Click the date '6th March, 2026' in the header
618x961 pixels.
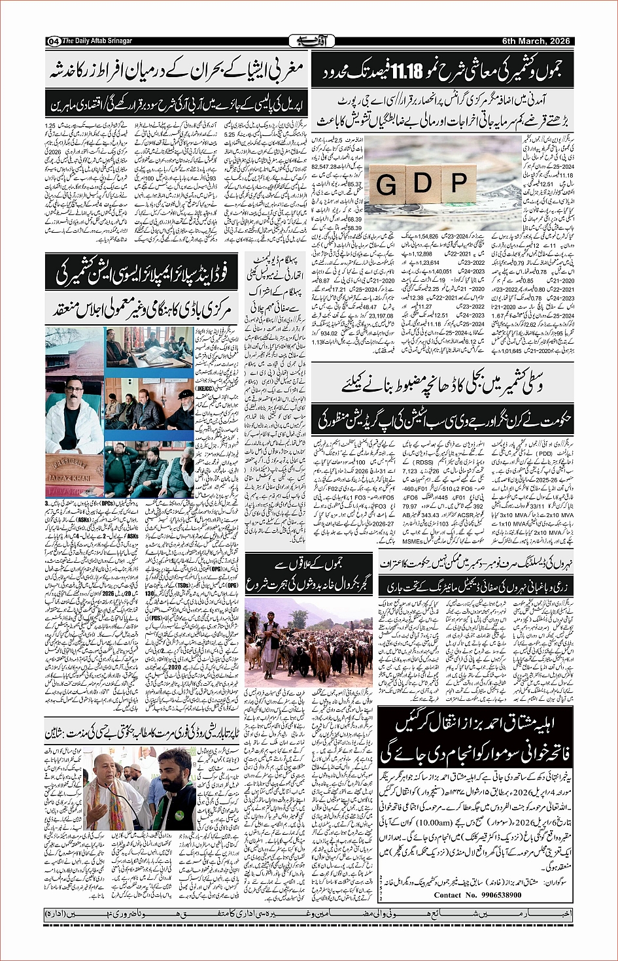[536, 41]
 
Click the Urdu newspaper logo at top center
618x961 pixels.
[312, 41]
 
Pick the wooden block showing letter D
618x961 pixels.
[422, 181]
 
